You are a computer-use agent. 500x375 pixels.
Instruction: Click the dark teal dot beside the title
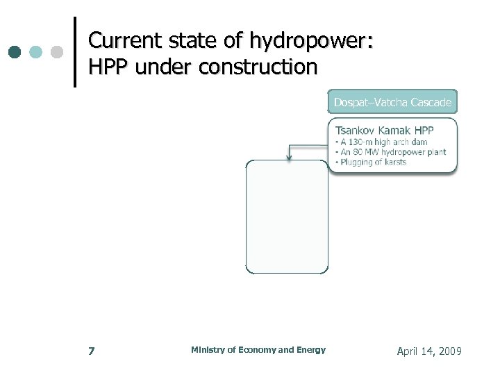[x=15, y=53]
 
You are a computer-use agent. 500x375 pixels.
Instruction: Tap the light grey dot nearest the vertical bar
[x=58, y=53]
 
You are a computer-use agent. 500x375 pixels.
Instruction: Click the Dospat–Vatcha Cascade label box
[x=392, y=102]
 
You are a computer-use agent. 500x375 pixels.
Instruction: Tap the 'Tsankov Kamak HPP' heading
[x=384, y=131]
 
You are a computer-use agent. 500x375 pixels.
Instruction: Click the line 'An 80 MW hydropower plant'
[x=390, y=152]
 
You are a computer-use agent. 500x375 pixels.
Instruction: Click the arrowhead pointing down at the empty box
[x=289, y=157]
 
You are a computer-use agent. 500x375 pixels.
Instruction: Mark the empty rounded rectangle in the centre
[x=287, y=217]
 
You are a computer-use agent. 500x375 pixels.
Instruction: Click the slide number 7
[x=92, y=351]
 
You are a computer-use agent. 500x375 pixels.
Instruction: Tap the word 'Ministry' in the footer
[x=206, y=350]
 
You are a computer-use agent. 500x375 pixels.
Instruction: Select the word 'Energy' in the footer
[x=310, y=350]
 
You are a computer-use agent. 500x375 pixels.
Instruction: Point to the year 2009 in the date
[x=449, y=352]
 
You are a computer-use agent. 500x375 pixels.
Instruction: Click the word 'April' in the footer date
[x=408, y=352]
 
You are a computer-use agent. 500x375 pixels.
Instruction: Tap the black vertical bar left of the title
[x=74, y=51]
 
